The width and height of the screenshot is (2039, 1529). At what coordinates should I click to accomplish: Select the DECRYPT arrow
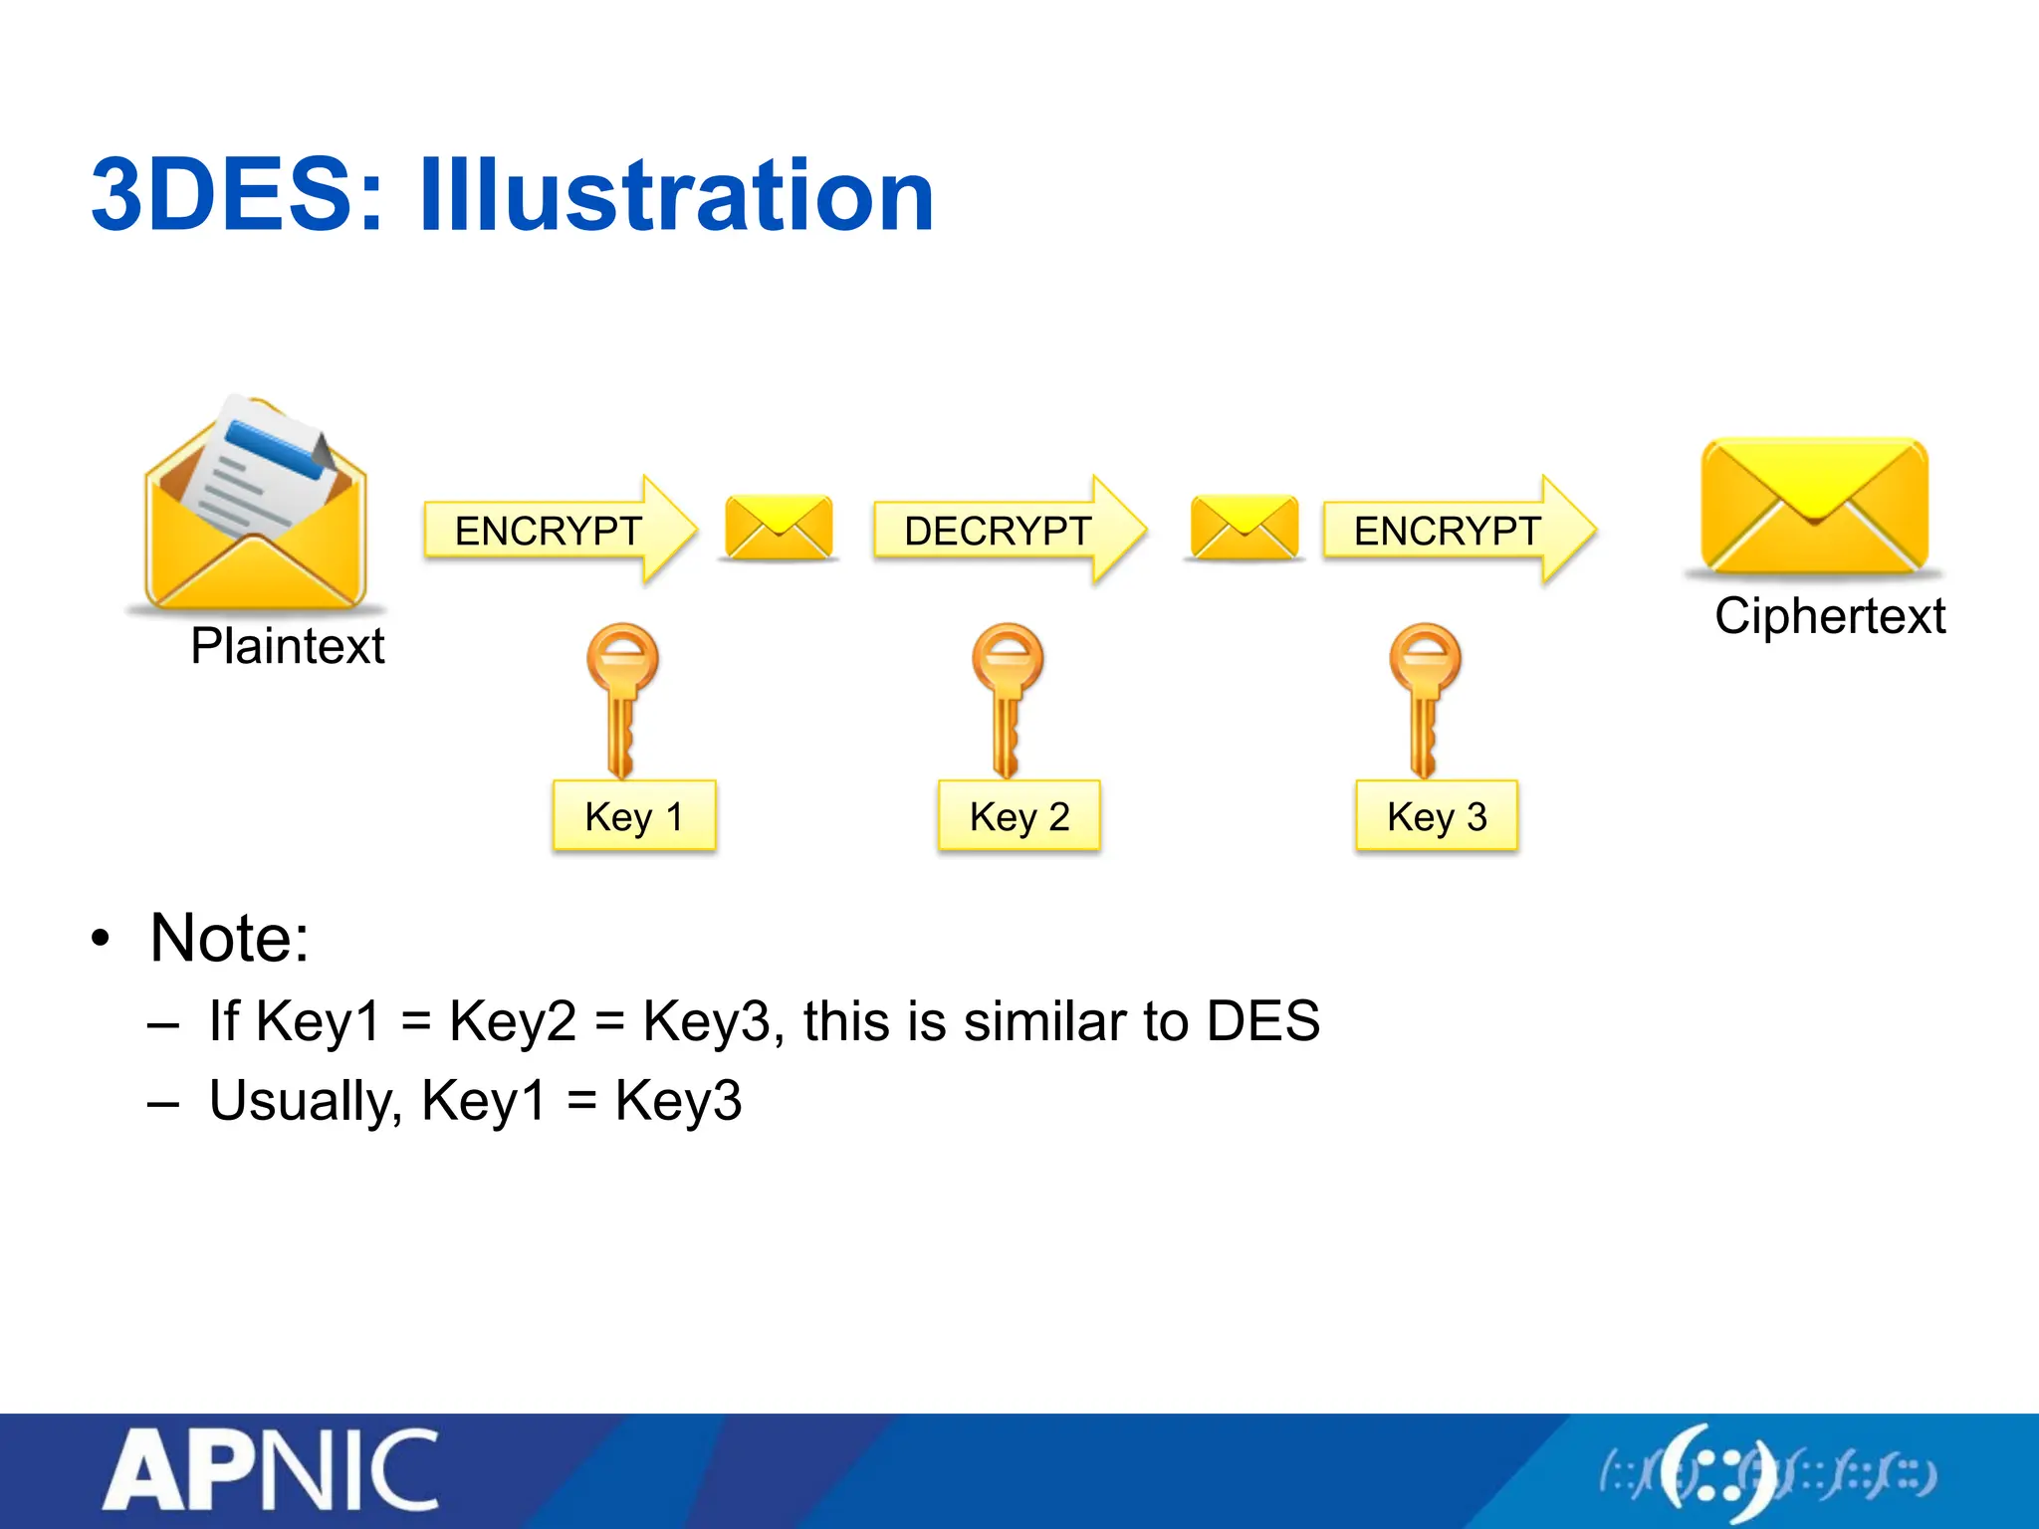click(x=1006, y=530)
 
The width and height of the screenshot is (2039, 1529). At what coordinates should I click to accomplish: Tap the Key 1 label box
click(x=634, y=816)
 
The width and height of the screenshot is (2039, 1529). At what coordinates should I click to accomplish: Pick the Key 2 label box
click(x=1019, y=816)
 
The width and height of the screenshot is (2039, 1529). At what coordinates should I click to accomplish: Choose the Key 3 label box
click(x=1436, y=816)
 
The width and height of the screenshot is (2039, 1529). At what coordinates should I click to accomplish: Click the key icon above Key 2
click(x=1008, y=697)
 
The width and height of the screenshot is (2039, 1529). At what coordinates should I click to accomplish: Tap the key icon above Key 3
click(x=1425, y=697)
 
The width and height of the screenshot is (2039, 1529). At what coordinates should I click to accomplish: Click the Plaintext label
click(x=287, y=646)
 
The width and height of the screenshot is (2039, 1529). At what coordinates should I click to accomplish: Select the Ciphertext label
click(x=1829, y=615)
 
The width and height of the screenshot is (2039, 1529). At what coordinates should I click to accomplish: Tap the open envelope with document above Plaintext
click(x=256, y=503)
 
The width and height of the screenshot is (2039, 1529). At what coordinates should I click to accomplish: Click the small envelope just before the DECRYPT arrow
click(x=779, y=527)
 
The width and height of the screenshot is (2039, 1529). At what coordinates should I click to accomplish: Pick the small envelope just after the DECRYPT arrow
click(x=1244, y=527)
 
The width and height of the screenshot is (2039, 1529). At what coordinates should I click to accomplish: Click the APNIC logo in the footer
click(x=271, y=1471)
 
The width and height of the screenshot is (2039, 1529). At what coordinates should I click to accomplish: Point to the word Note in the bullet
click(x=229, y=938)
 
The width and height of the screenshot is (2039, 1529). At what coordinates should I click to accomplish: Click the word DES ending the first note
click(x=1262, y=1021)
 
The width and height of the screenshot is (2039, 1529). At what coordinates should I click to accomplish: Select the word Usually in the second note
click(x=305, y=1101)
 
